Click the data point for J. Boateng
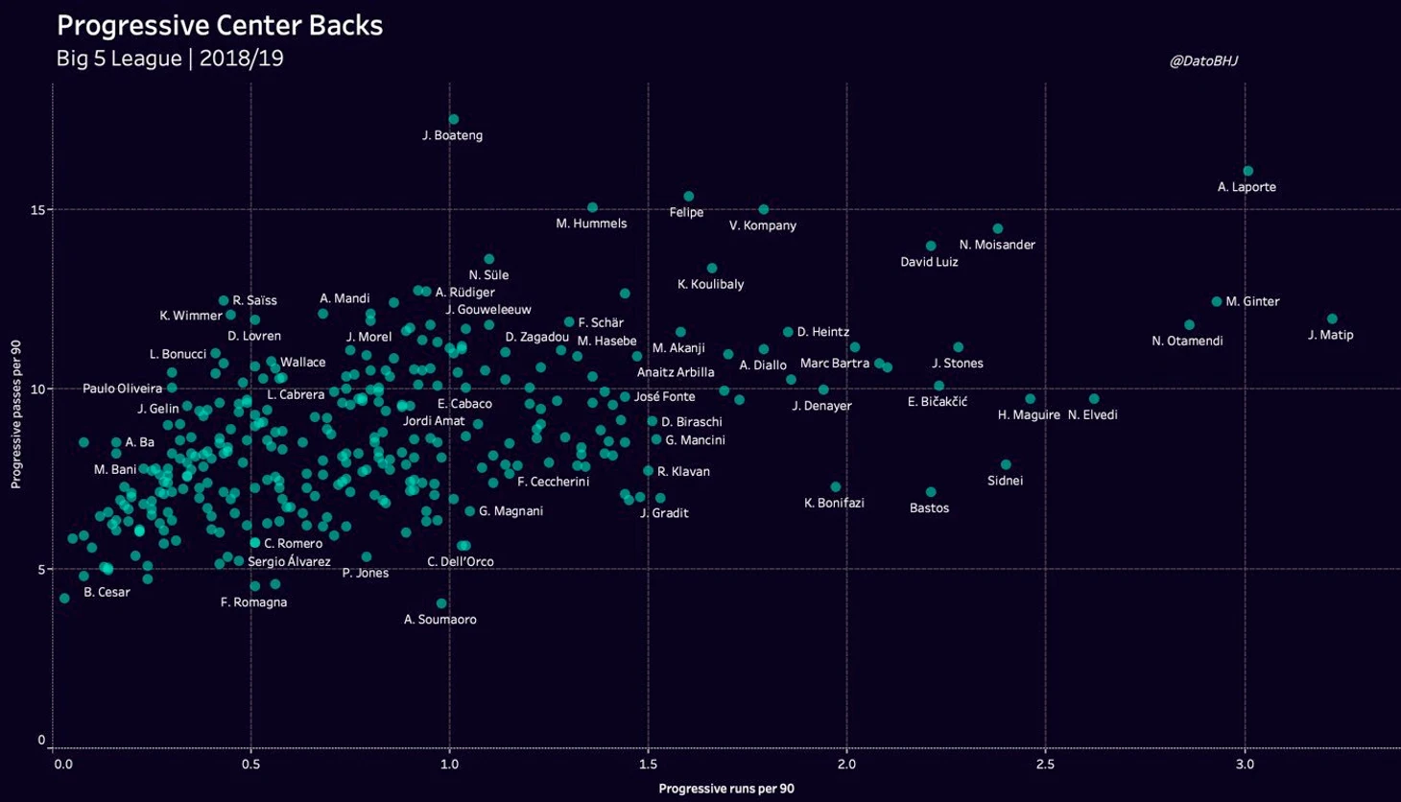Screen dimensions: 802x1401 point(454,120)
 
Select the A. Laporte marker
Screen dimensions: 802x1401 point(1248,172)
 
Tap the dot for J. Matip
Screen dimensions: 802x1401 point(1332,319)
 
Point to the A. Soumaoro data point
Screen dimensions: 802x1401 point(441,603)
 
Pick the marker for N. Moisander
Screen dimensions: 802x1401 point(998,229)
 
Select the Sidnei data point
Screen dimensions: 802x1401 point(1006,465)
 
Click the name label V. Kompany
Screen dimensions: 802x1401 point(763,226)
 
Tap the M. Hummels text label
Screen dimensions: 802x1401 point(591,224)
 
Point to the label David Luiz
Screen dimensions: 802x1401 point(929,262)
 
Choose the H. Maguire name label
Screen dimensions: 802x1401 point(1029,415)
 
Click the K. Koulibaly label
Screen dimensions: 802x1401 point(710,285)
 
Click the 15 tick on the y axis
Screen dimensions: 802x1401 point(39,209)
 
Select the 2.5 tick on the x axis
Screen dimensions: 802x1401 point(1045,765)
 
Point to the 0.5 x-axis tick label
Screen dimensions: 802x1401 point(251,765)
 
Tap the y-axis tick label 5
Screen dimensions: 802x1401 point(41,569)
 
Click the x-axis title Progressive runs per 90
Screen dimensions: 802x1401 point(726,789)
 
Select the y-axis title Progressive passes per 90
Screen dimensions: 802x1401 point(16,414)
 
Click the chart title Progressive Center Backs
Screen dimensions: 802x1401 point(220,26)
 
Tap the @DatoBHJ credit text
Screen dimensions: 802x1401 point(1203,60)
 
